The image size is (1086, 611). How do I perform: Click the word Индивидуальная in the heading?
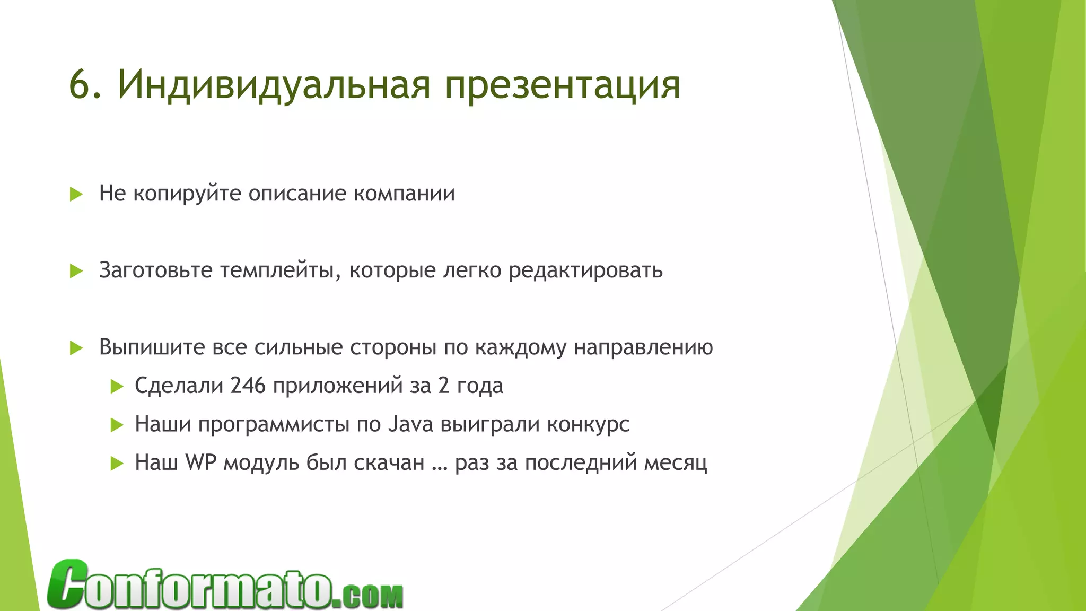[x=274, y=85]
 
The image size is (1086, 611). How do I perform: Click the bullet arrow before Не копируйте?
[x=76, y=194]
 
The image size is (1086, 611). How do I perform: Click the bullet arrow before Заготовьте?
[x=76, y=271]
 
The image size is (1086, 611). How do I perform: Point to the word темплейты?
[x=281, y=270]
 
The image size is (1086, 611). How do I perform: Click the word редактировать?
[x=585, y=270]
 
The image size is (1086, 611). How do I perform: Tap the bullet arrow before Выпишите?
[x=76, y=348]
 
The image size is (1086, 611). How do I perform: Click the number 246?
[x=248, y=386]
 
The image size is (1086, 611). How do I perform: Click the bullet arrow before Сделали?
[x=117, y=387]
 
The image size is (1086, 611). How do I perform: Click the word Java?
[x=411, y=424]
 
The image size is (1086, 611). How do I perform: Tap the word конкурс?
[x=588, y=424]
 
